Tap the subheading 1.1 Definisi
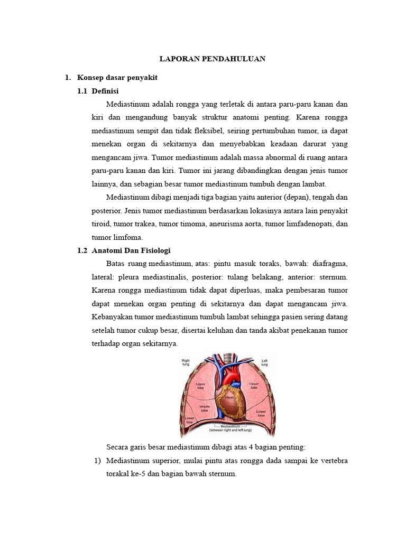106,91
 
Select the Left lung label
265,362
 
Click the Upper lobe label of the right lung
201,386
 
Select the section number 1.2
82,250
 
